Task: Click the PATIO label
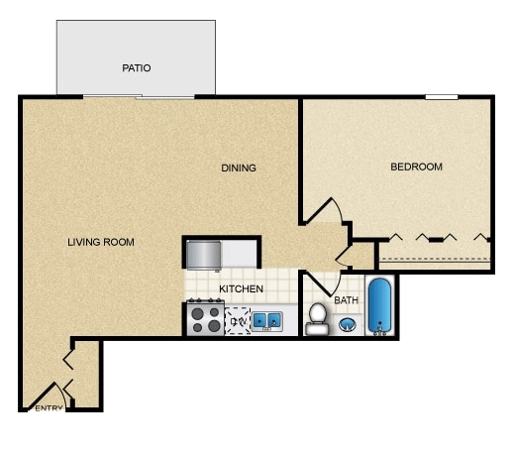(136, 68)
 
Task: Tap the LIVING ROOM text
(100, 242)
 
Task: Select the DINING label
(238, 168)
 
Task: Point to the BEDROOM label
(416, 167)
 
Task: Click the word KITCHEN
(241, 288)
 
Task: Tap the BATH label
(346, 300)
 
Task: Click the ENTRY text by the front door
(49, 407)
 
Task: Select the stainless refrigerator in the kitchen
(203, 255)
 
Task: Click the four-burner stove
(205, 319)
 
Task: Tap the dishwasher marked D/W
(238, 320)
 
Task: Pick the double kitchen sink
(267, 320)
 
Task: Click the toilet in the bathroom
(317, 318)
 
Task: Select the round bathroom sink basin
(348, 323)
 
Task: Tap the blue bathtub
(379, 306)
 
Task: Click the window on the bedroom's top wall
(442, 97)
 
